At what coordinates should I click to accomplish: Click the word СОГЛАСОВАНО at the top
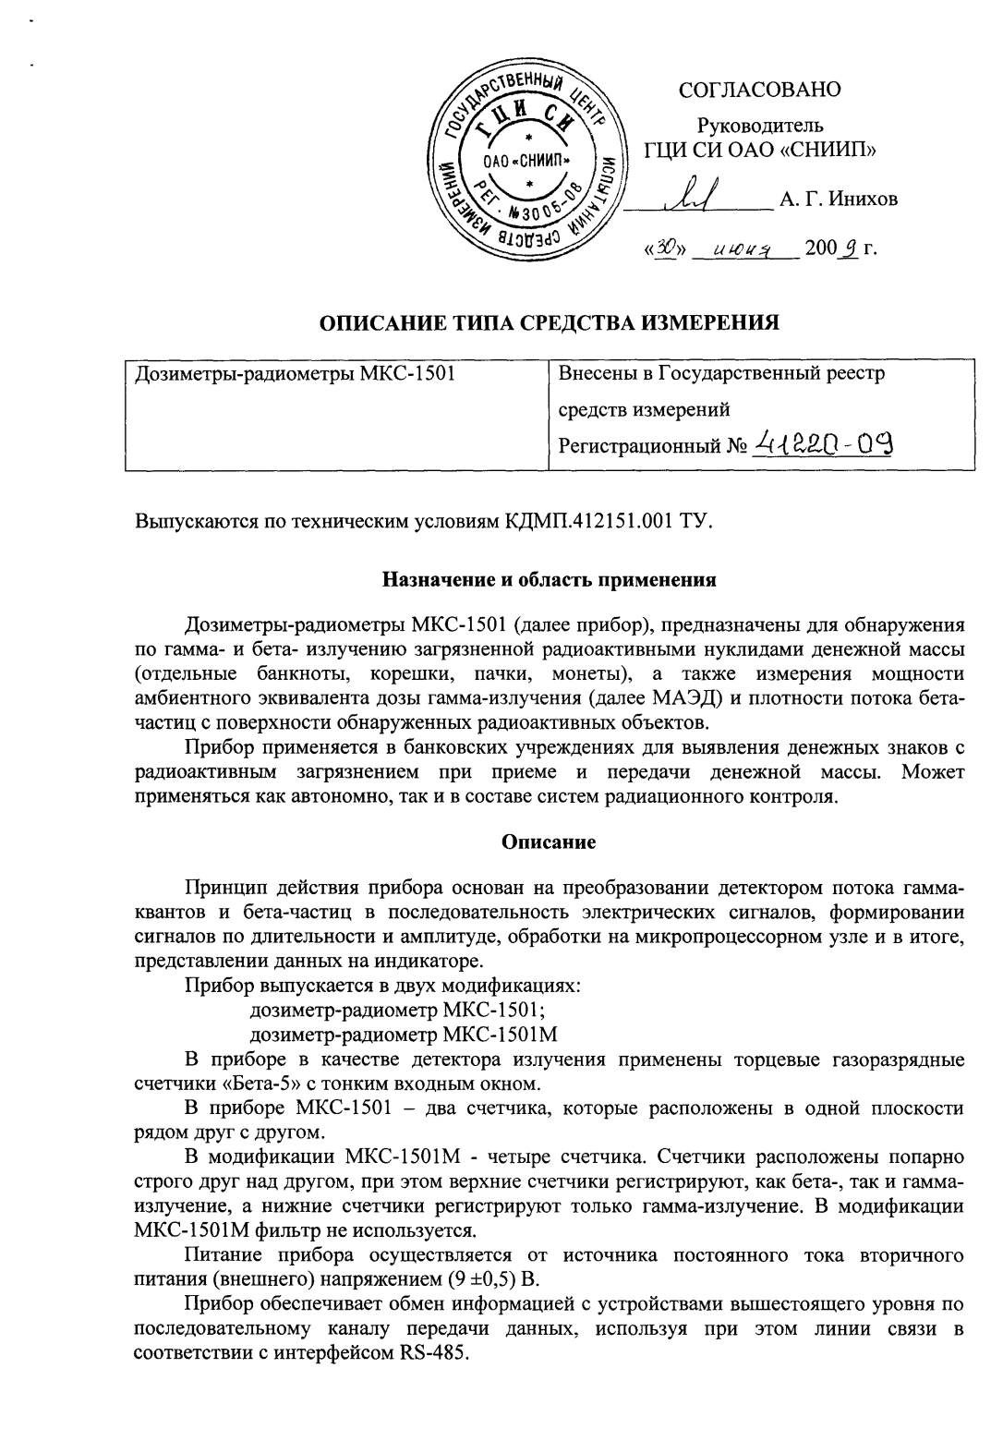759,90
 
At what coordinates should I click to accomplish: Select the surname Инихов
859,199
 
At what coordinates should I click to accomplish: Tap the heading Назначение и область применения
550,581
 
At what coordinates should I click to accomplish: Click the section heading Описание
549,842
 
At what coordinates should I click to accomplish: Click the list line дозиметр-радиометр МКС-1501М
405,1033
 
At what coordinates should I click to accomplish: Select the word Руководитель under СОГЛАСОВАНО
759,126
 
